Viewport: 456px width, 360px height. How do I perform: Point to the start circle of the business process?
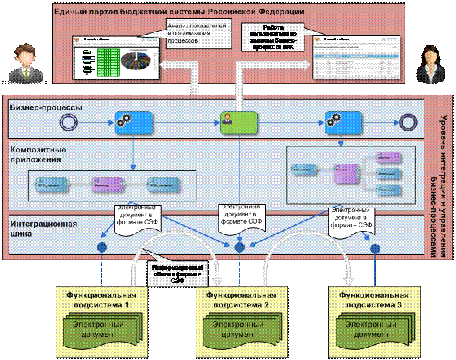click(x=70, y=120)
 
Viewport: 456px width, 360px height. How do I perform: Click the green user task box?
click(x=240, y=121)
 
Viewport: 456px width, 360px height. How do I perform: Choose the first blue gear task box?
click(x=134, y=121)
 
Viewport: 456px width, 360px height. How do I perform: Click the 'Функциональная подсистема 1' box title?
click(x=102, y=300)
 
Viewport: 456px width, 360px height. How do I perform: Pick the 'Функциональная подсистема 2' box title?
click(x=242, y=300)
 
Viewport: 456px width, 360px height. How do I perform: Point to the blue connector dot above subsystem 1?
click(x=102, y=247)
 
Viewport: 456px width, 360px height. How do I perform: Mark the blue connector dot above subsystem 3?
click(x=374, y=247)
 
